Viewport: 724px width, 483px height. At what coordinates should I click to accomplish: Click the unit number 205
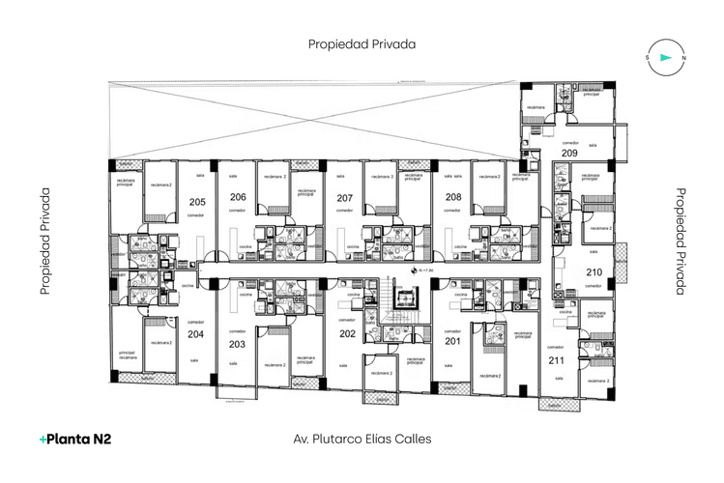click(x=197, y=202)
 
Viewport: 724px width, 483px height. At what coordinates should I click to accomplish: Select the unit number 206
click(x=237, y=197)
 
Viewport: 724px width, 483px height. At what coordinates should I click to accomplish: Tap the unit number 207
click(x=344, y=198)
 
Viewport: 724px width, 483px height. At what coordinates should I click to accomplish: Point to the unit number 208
click(x=452, y=197)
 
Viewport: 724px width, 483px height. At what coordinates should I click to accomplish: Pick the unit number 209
click(x=569, y=154)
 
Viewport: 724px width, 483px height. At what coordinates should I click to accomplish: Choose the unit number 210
click(x=594, y=271)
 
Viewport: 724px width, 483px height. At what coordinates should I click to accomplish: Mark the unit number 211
click(x=556, y=360)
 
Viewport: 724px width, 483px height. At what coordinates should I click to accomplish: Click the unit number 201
click(x=452, y=341)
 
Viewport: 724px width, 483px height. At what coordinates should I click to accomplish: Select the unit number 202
click(x=347, y=334)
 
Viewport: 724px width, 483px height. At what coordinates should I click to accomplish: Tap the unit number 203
click(x=237, y=344)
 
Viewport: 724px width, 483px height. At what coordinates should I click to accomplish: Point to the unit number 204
click(x=196, y=334)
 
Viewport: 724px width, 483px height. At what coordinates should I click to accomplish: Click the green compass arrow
click(x=665, y=57)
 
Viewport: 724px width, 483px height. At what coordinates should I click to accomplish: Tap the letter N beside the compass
click(x=683, y=58)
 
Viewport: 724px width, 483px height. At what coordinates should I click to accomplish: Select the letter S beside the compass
click(x=647, y=58)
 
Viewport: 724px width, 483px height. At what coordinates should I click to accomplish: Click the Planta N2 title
click(x=75, y=439)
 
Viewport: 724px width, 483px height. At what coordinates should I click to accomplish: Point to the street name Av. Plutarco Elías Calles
click(x=362, y=439)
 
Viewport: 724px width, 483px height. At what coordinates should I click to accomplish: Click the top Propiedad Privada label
click(x=362, y=44)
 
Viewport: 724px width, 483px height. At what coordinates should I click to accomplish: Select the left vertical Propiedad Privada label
click(x=44, y=241)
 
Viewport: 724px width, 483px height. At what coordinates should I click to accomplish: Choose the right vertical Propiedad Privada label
click(x=680, y=241)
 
